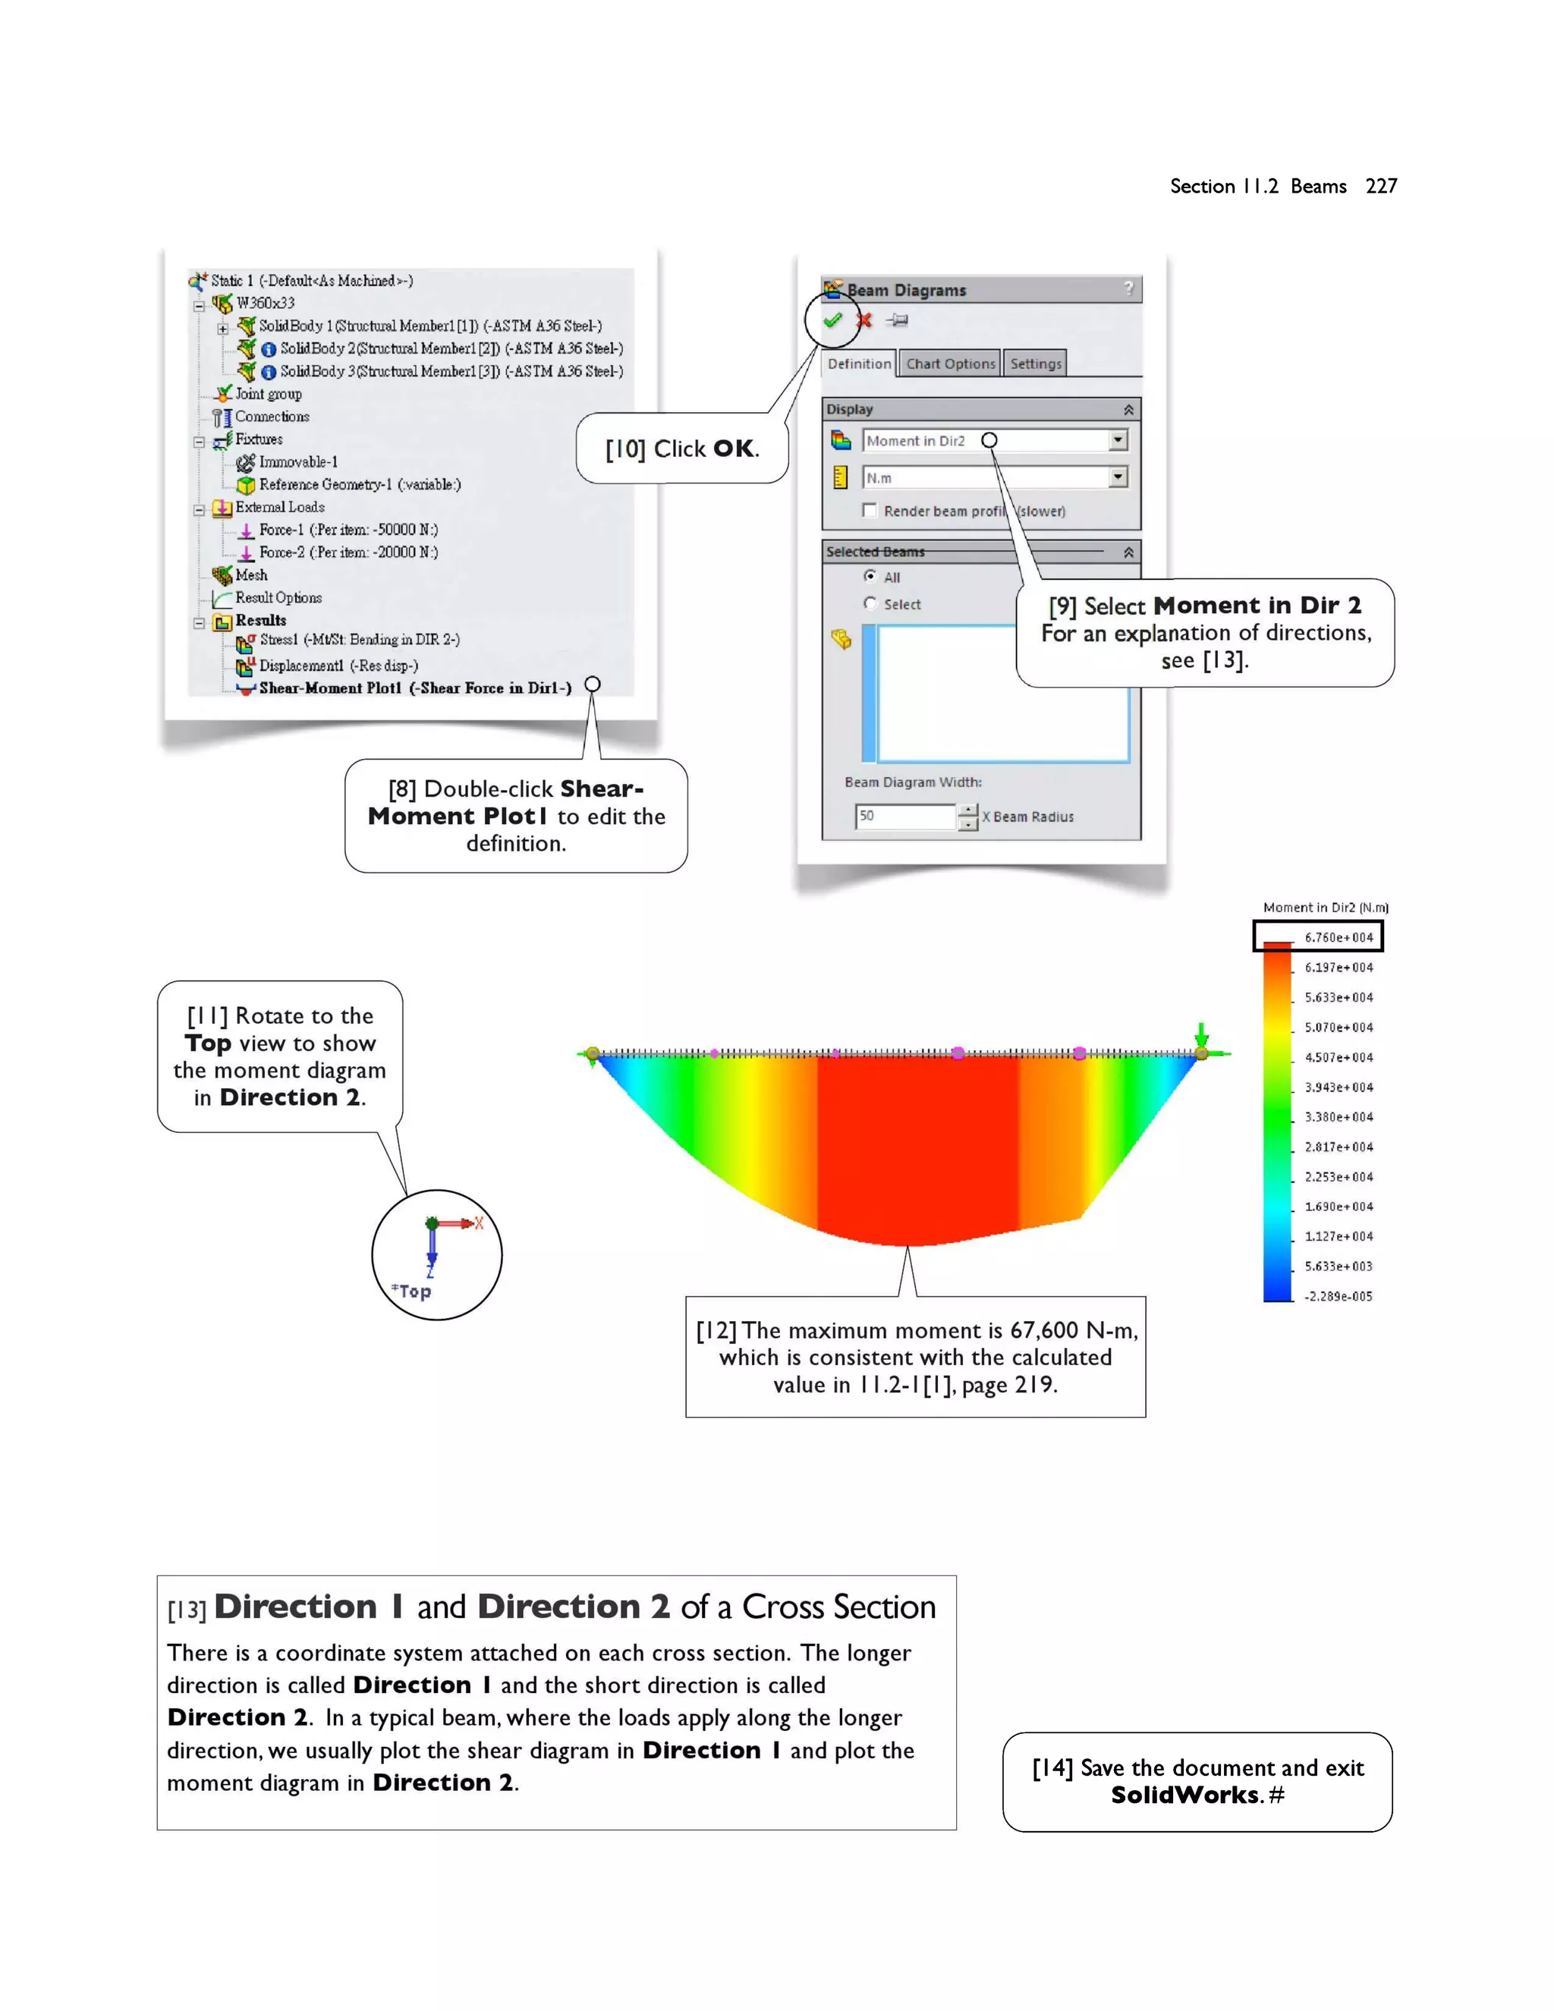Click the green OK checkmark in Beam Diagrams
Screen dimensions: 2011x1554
point(833,320)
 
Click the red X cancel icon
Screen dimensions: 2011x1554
point(864,320)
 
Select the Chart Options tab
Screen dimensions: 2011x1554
point(950,363)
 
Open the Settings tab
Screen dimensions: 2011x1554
point(1036,363)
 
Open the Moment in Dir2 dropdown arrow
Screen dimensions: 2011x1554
point(1118,440)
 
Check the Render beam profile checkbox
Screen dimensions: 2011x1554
point(869,510)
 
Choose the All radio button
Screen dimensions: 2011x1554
point(870,577)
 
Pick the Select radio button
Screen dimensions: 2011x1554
point(870,603)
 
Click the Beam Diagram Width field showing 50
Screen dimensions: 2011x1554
point(904,816)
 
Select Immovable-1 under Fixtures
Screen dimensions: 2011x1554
point(297,461)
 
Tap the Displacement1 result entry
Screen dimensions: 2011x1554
point(338,665)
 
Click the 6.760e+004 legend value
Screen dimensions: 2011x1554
point(1338,937)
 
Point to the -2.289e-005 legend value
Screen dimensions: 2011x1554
point(1338,1296)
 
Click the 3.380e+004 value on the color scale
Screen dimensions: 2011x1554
point(1338,1117)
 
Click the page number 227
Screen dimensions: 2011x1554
point(1381,186)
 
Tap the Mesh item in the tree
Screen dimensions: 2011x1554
point(250,574)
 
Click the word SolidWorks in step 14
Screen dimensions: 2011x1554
point(1184,1795)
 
